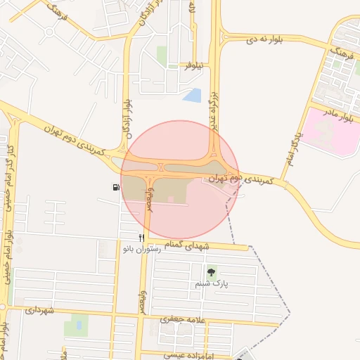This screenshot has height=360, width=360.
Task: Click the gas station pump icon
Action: [x=115, y=187]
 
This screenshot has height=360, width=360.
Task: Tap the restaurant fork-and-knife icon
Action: [x=141, y=238]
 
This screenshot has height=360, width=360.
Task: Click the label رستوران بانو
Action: [x=139, y=249]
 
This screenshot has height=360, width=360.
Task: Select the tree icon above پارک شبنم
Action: [x=211, y=271]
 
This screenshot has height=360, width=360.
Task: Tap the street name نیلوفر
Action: [x=193, y=66]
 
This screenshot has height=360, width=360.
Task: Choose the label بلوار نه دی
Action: [x=262, y=41]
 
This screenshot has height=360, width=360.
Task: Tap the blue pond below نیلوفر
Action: [x=191, y=95]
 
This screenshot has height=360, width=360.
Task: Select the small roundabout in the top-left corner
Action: [x=49, y=31]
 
